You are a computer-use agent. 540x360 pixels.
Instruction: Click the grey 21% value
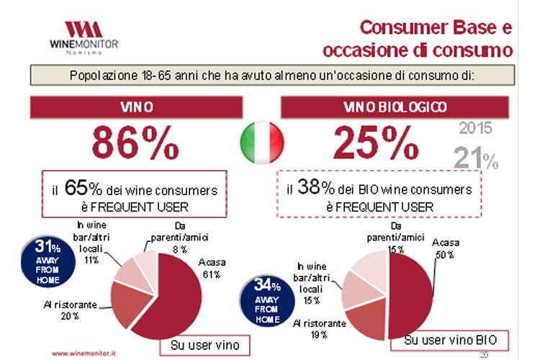(475, 157)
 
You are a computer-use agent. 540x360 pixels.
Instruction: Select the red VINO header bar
(135, 107)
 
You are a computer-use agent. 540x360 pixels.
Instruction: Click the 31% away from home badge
(46, 256)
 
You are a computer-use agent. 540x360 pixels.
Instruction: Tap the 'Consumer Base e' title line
(435, 28)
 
